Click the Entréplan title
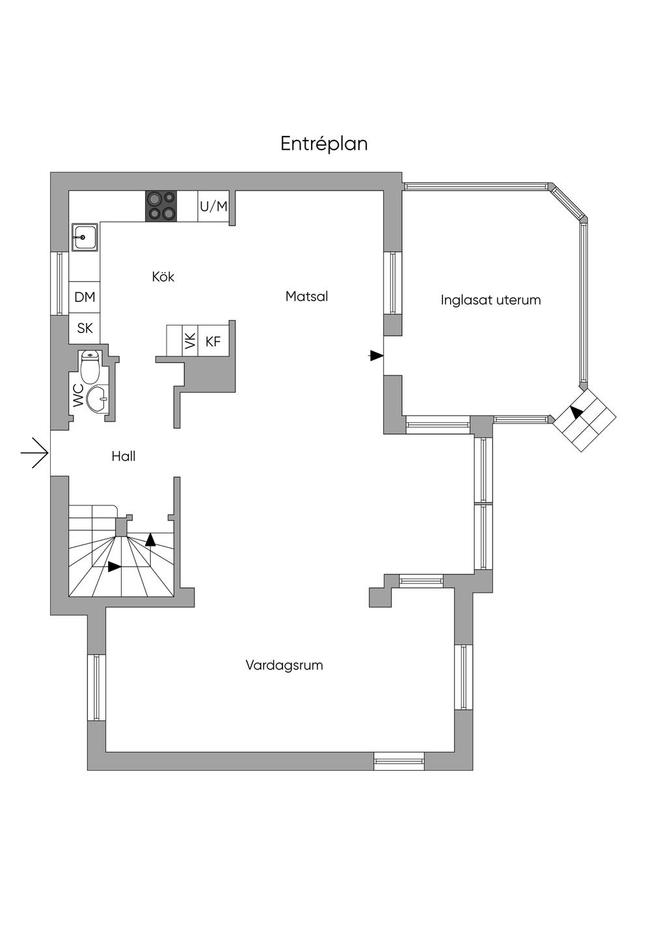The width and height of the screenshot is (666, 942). coord(324,144)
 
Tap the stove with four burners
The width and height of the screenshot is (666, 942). coord(161,206)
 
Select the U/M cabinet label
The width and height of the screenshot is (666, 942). coord(213,206)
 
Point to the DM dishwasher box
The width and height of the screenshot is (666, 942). coord(85,297)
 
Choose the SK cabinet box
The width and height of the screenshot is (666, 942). coord(85,329)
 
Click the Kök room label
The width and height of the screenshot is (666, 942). coord(163,277)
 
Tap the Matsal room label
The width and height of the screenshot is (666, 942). coord(306,297)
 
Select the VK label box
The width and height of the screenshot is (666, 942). coord(190,341)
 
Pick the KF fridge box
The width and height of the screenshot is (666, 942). coord(213,341)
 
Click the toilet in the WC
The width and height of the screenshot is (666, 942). coord(90,367)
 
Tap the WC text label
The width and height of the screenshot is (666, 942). coord(78,396)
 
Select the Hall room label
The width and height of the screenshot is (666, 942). coord(124,457)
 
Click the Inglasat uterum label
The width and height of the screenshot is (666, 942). coord(490,301)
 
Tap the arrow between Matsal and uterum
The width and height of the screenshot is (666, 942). coord(376,355)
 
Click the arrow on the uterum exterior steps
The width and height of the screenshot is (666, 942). coord(576,411)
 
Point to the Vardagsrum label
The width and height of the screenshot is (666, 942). coord(284,666)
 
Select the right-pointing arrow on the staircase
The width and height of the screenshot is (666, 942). coord(114,567)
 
